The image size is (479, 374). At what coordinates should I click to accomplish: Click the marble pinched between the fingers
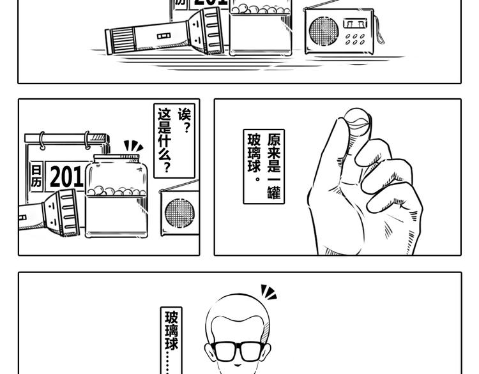357,120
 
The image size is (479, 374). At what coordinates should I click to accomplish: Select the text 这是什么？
164,140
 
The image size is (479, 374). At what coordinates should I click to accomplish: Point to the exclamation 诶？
185,121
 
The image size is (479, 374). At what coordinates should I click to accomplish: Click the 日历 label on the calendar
36,176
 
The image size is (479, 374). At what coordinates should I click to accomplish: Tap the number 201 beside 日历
66,177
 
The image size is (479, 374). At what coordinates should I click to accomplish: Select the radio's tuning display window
355,24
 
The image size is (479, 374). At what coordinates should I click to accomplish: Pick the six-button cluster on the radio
355,39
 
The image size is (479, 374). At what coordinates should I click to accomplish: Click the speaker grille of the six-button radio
324,31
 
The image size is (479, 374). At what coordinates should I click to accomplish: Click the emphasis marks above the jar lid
133,146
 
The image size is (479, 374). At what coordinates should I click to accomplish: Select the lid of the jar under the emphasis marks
116,159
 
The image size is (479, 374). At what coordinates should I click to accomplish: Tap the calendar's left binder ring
42,140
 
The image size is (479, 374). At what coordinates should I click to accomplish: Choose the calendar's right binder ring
87,140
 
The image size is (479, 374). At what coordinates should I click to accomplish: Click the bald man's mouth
238,365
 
